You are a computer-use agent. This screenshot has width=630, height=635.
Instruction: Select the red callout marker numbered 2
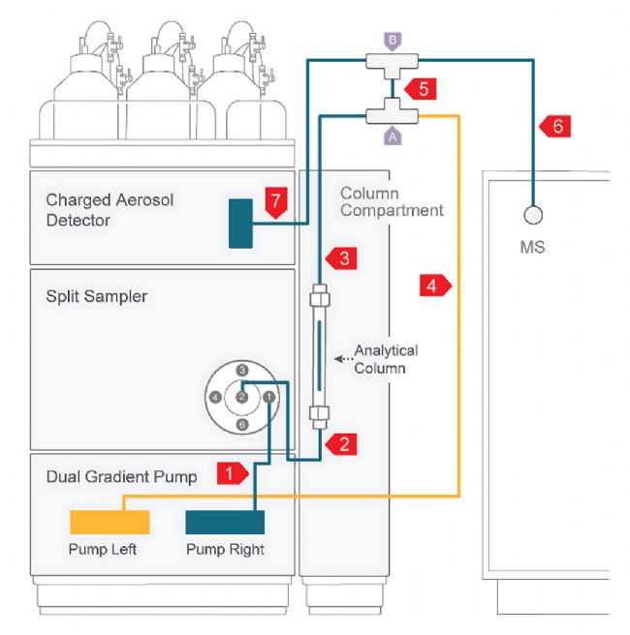point(343,444)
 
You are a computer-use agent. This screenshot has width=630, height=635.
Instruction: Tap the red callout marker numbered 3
point(342,258)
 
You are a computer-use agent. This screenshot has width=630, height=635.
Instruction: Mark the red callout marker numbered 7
point(275,201)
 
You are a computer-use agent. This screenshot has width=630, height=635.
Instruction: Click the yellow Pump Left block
point(110,523)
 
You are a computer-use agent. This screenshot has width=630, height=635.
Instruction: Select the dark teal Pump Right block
point(225,523)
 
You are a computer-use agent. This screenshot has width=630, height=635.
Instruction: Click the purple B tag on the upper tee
point(392,42)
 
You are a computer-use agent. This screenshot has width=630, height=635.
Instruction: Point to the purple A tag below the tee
point(393,137)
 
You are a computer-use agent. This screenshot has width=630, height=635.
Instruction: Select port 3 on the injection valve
point(243,370)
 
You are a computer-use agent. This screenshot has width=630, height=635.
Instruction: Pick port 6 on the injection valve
point(243,424)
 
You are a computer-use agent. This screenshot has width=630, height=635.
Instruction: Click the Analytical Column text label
point(386,359)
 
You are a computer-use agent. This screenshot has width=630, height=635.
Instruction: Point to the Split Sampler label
point(97,296)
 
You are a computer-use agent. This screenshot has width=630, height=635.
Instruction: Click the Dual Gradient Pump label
point(121,476)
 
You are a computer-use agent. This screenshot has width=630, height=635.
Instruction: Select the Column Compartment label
point(392,201)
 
